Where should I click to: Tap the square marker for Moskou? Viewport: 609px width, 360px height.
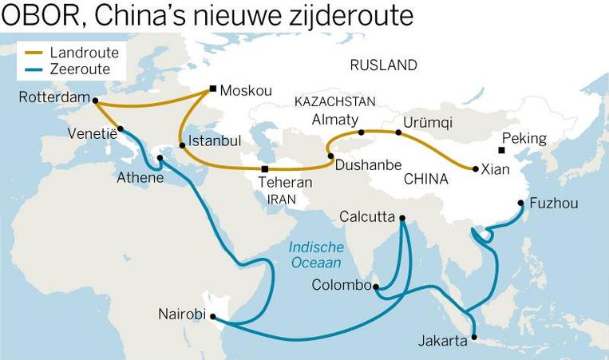pyautogui.click(x=212, y=89)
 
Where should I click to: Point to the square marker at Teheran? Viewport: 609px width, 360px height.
pyautogui.click(x=265, y=169)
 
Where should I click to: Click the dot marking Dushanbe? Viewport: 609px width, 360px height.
pyautogui.click(x=330, y=156)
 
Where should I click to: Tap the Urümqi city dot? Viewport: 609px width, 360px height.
pyautogui.click(x=398, y=133)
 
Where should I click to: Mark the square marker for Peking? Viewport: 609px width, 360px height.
pyautogui.click(x=501, y=150)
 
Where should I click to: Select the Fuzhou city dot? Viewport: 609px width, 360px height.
pyautogui.click(x=521, y=203)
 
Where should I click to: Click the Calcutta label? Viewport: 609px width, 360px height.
pyautogui.click(x=367, y=216)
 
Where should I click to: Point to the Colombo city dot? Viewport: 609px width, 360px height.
pyautogui.click(x=376, y=285)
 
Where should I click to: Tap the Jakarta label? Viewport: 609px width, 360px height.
pyautogui.click(x=442, y=342)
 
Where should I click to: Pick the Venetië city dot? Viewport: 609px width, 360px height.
pyautogui.click(x=121, y=129)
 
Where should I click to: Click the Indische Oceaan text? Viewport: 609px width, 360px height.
pyautogui.click(x=315, y=255)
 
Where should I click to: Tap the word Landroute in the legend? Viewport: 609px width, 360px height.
pyautogui.click(x=84, y=53)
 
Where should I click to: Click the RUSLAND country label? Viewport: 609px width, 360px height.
pyautogui.click(x=384, y=65)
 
